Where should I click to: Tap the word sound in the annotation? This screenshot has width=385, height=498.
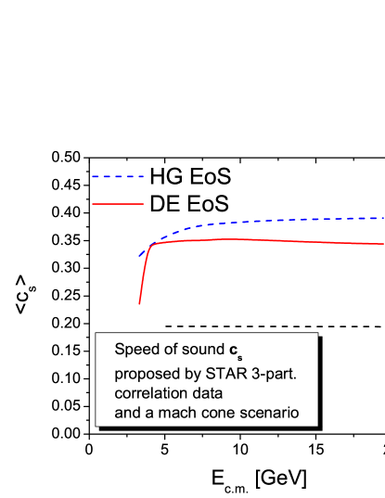tap(201, 351)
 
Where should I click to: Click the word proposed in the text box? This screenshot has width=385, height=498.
tap(143, 374)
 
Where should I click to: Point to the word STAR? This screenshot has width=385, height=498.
tap(215, 373)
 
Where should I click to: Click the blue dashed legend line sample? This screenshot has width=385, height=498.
tap(118, 175)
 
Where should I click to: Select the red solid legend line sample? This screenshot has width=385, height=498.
tap(118, 203)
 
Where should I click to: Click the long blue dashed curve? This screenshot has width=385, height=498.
tap(278, 221)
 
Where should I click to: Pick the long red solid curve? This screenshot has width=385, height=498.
tap(278, 240)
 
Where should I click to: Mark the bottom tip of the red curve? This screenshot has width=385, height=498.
tap(139, 302)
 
